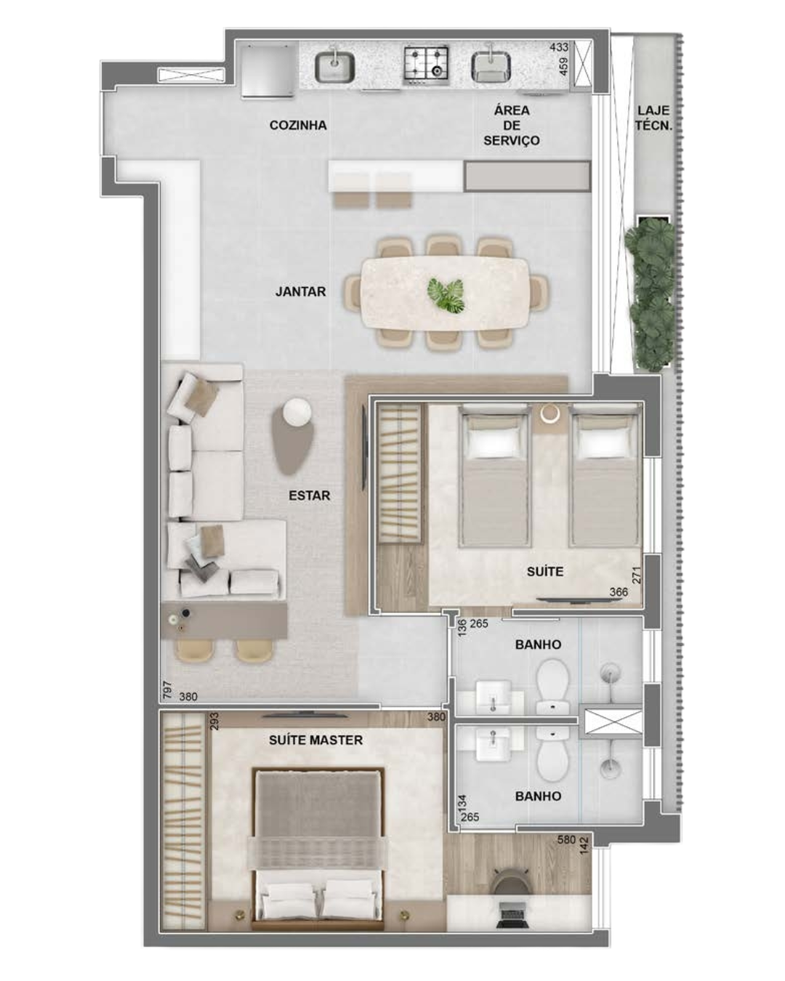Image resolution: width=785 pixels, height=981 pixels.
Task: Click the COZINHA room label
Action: point(298,125)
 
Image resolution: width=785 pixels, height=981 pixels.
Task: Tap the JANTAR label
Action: point(301,291)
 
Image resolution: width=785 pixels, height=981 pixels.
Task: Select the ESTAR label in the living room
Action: point(309,496)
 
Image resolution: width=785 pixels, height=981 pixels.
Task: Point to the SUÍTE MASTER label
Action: point(315,740)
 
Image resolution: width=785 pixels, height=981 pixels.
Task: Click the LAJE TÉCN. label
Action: point(653,118)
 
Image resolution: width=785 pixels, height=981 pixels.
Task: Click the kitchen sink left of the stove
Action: point(335,67)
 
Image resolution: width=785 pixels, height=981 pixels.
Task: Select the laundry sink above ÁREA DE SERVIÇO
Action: point(491,66)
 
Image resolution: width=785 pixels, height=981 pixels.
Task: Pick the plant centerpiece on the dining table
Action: point(446,295)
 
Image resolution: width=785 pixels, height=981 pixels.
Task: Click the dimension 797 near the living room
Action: point(167,690)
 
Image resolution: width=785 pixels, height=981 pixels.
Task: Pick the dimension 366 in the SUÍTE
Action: point(619,592)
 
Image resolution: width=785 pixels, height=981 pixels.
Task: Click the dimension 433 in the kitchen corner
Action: point(559,47)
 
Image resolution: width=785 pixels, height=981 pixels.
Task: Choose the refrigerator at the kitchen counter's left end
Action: point(267,70)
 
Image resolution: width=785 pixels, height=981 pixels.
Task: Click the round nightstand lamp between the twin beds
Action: point(550,414)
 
